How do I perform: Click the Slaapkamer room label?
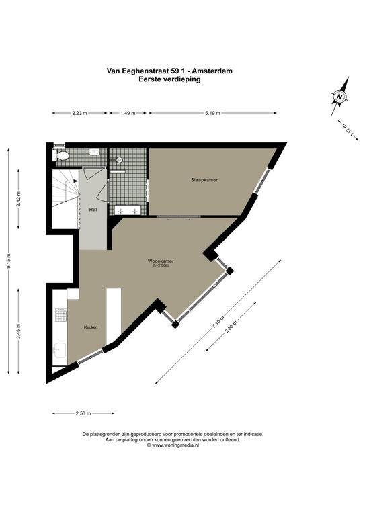[204, 180]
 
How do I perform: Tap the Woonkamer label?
[161, 261]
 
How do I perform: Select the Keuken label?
[91, 327]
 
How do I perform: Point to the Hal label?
[93, 210]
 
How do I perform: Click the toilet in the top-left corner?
[61, 156]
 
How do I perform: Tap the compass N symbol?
[339, 97]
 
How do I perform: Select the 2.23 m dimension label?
[79, 113]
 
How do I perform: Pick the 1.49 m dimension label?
[128, 113]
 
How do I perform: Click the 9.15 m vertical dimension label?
[9, 261]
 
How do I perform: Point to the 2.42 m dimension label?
[19, 199]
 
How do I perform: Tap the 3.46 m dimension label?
[19, 331]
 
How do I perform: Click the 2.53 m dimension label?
[83, 413]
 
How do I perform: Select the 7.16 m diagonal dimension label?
[217, 322]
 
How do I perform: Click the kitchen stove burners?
[61, 315]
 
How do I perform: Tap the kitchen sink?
[60, 351]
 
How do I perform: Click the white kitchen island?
[114, 316]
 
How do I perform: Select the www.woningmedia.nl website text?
[175, 445]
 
